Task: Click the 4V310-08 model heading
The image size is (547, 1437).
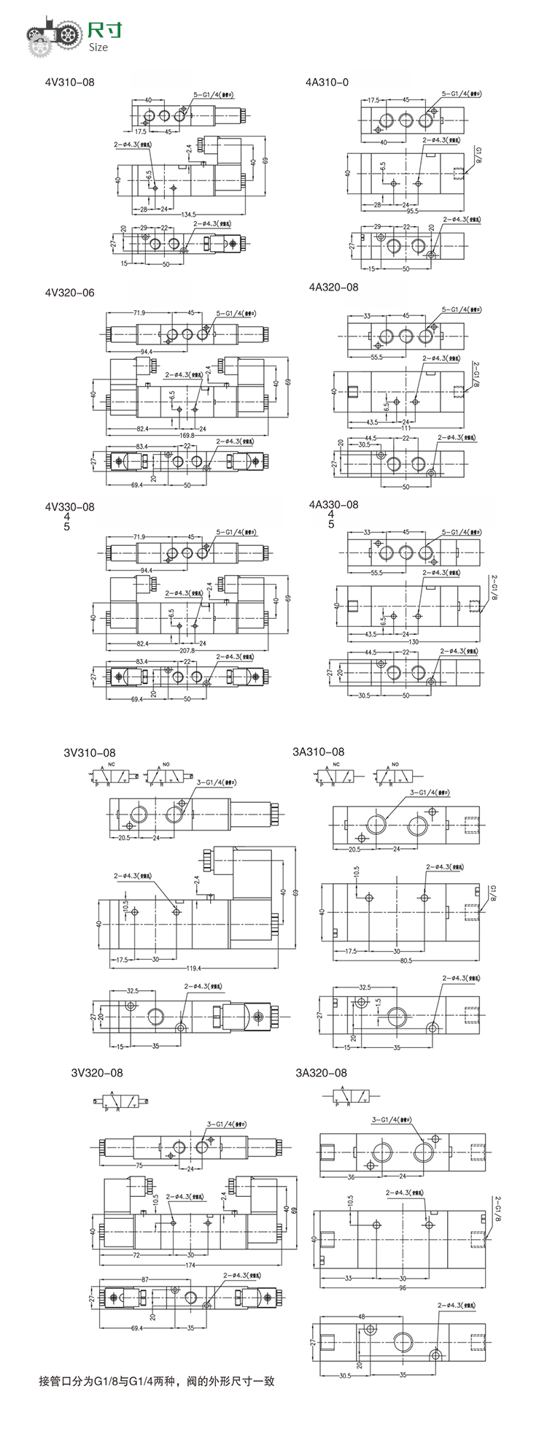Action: pos(69,82)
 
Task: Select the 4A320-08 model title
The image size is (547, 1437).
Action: pos(333,288)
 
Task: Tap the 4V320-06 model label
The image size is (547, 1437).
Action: pos(69,293)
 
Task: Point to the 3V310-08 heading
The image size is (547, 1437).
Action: pos(89,752)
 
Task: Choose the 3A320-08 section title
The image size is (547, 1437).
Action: pos(321,1073)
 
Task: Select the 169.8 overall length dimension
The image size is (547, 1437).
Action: pos(187,436)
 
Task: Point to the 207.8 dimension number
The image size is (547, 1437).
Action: pos(187,650)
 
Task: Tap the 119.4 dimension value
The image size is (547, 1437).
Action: pos(193,968)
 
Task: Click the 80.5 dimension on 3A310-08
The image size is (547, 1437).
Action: pos(406,960)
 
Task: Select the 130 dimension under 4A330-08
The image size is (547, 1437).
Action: pos(414,642)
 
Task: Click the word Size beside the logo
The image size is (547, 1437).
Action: pos(98,47)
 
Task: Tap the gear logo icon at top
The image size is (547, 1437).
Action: pos(51,37)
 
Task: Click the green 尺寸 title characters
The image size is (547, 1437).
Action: pos(104,31)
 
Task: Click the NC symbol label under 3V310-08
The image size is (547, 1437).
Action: pos(112,764)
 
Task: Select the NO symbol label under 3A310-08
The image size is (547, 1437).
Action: pos(395,765)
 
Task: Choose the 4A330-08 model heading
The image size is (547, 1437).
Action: pos(333,505)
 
